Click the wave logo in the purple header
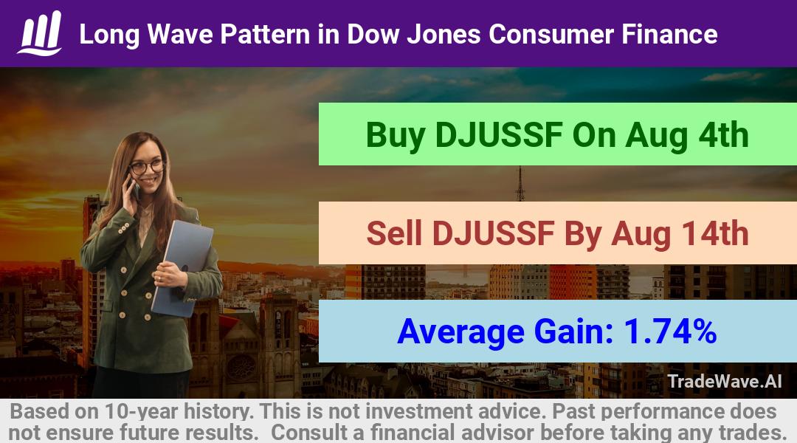click(x=40, y=33)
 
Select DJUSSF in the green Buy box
click(x=499, y=135)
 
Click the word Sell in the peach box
click(x=394, y=234)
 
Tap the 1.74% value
click(x=670, y=332)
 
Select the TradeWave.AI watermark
click(x=725, y=381)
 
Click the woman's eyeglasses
click(x=146, y=166)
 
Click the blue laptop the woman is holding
click(x=182, y=267)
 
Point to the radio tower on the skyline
click(x=520, y=184)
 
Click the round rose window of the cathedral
click(x=241, y=368)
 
